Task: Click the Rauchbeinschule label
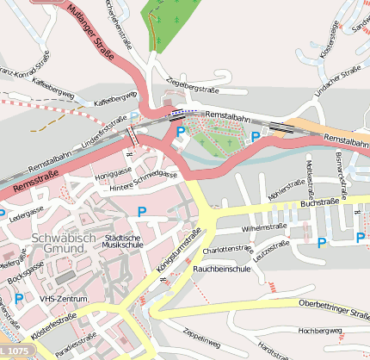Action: coord(221,269)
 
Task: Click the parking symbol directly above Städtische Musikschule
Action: coord(142,211)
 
